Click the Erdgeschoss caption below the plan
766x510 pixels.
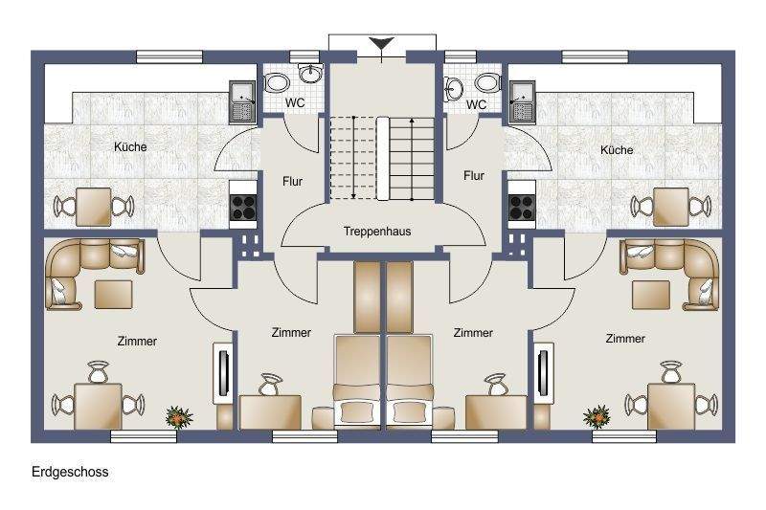click(70, 472)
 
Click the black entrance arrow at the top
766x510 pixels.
click(382, 43)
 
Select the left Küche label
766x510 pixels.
click(130, 147)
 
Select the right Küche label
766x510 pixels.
click(617, 150)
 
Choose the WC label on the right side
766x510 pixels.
click(476, 104)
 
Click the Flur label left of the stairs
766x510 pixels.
click(294, 179)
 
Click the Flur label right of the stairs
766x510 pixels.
click(473, 175)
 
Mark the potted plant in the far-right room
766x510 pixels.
click(597, 416)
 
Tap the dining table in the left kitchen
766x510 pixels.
click(94, 205)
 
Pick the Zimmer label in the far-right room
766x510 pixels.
click(625, 339)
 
